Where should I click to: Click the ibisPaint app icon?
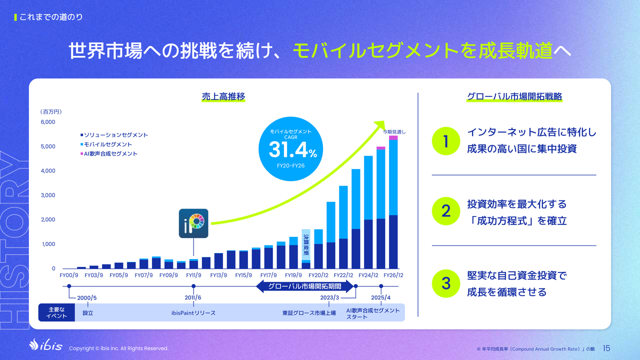193,223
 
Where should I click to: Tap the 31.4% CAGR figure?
293,150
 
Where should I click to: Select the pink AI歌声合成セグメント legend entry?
109,153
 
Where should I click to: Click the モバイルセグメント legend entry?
106,144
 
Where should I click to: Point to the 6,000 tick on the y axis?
47,122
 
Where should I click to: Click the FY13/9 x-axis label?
218,275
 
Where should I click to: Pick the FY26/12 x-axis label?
393,275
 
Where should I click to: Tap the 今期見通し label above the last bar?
394,132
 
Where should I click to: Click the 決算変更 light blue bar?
306,245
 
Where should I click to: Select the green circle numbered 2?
445,211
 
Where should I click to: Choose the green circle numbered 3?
445,283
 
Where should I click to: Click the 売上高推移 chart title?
223,96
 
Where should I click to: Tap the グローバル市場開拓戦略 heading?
514,96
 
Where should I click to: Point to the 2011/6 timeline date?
193,297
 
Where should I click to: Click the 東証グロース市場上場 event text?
309,313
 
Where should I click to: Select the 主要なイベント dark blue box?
56,312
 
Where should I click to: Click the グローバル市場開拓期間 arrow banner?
304,286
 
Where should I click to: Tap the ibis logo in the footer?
45,345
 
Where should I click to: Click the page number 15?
606,348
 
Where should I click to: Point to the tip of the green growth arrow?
384,121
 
